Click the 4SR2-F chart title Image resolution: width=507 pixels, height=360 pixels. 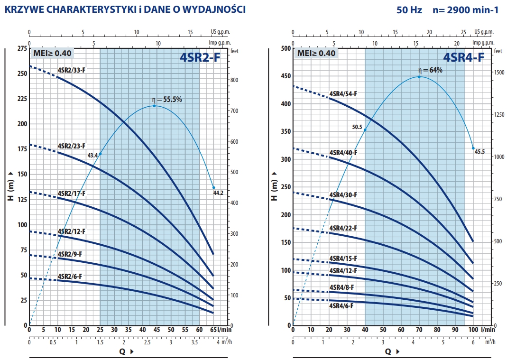tap(200, 57)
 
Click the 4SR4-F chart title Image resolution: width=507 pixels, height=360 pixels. tap(463, 57)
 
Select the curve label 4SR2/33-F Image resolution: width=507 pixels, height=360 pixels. tap(72, 70)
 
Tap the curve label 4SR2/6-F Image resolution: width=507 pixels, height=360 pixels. tap(70, 276)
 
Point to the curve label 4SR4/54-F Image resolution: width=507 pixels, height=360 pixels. tap(343, 94)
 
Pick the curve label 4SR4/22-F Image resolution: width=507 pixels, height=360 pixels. tap(343, 228)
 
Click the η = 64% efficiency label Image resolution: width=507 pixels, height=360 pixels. tap(430, 70)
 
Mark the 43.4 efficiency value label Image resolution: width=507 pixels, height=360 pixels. tap(92, 155)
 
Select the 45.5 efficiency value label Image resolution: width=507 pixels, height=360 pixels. tap(479, 152)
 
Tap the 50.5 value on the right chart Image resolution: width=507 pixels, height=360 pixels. tap(357, 127)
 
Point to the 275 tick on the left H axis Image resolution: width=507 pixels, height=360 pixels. tap(22, 48)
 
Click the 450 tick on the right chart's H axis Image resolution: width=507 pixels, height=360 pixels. tap(285, 76)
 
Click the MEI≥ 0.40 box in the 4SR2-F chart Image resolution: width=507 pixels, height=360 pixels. tap(52, 53)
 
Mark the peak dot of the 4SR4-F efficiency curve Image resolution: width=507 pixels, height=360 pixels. tap(419, 77)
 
